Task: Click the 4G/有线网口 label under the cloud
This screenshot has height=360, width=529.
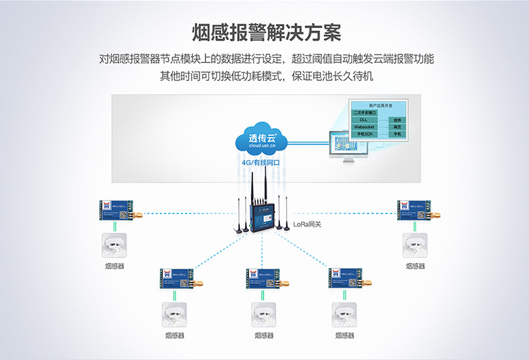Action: point(260,162)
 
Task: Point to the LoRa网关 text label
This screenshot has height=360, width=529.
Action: point(307,224)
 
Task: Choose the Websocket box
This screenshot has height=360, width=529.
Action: point(364,126)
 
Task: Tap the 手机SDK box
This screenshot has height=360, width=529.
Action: point(364,134)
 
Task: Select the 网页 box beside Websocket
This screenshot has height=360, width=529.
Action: point(397,126)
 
